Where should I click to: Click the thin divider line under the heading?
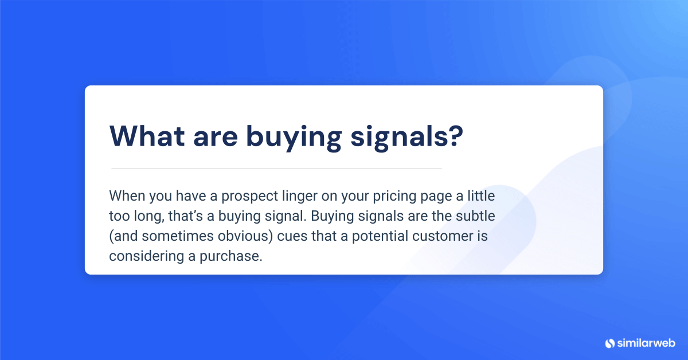276,168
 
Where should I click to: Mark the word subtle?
472,216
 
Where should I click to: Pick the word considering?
143,256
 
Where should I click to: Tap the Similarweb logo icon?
609,343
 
